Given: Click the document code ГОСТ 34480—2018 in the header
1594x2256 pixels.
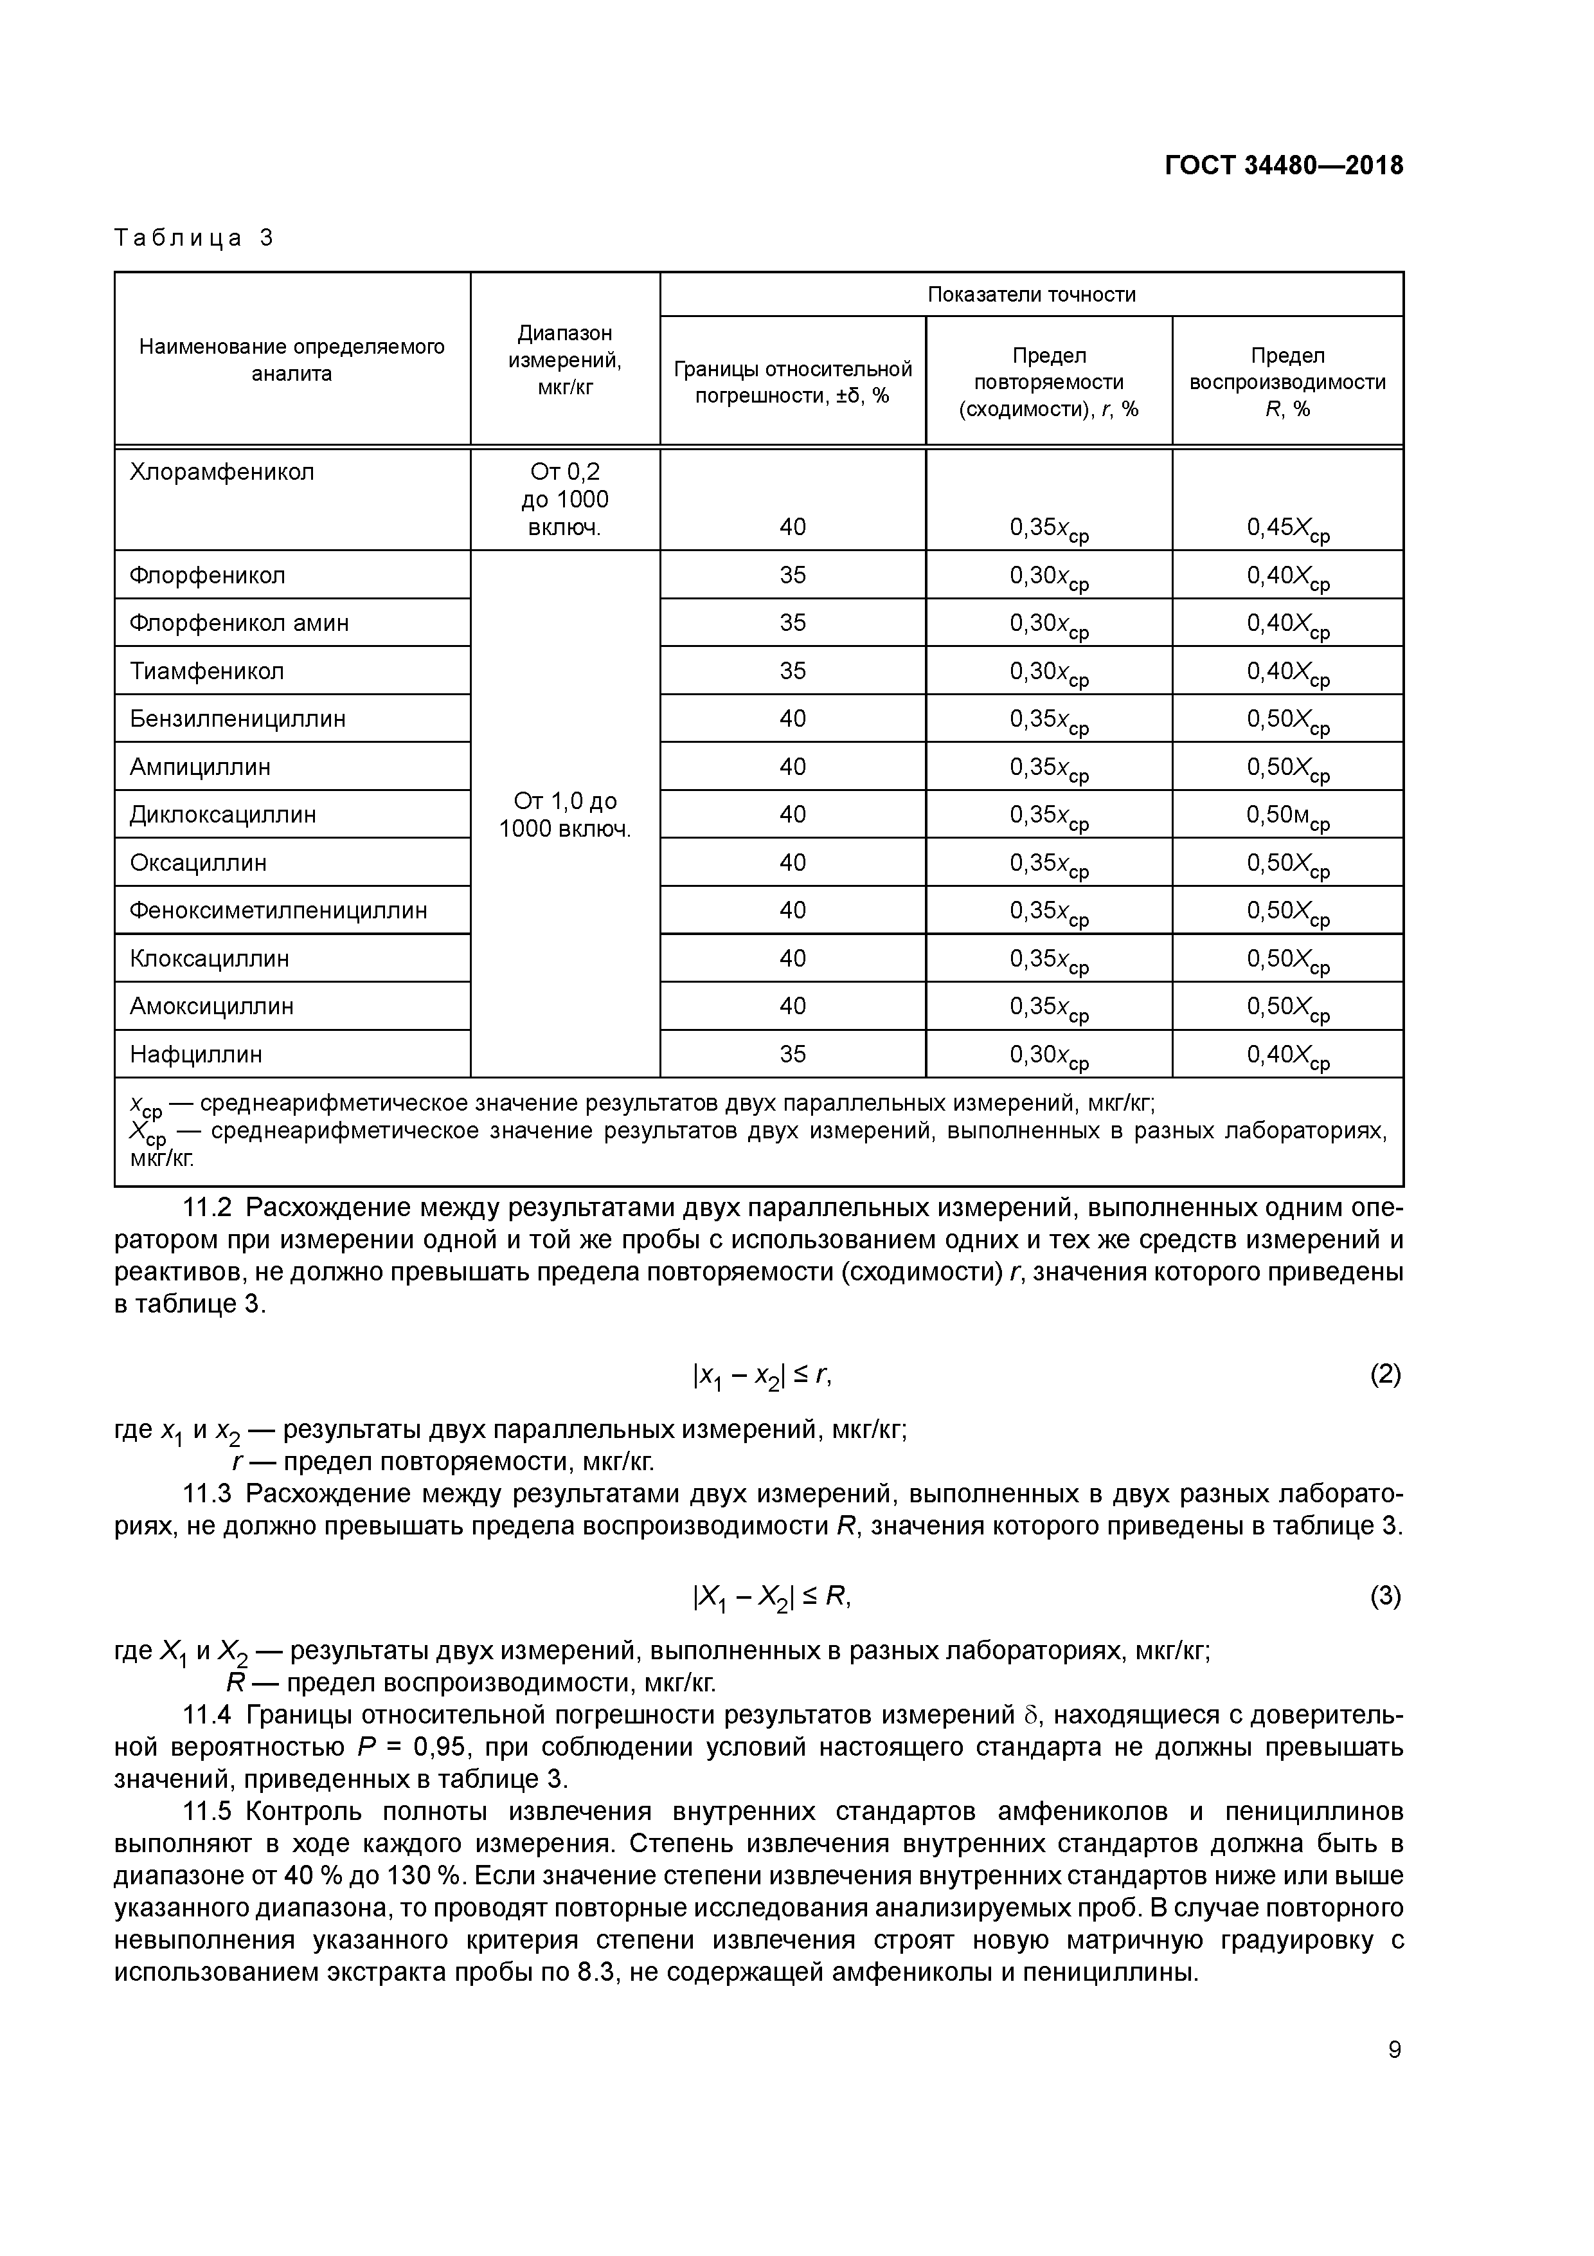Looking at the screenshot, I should (x=1284, y=165).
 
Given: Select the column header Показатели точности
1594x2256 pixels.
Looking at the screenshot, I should (x=1031, y=295).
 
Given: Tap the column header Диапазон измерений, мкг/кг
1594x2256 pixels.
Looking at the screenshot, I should (x=565, y=361).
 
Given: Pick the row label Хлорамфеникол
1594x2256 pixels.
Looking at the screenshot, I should (x=222, y=473).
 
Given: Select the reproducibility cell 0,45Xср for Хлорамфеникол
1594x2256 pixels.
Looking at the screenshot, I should (x=1287, y=529).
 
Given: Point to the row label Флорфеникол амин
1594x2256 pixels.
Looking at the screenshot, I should (x=238, y=623).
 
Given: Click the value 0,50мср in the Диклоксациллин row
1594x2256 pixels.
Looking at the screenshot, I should (x=1287, y=815).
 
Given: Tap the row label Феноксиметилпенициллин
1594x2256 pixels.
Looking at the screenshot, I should (x=278, y=911).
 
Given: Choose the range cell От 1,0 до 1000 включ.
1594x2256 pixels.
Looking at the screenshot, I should (x=565, y=815).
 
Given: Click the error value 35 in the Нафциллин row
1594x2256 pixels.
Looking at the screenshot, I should (x=793, y=1054).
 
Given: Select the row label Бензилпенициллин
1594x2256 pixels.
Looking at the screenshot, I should (x=238, y=719).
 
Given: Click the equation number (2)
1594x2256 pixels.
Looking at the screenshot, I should (x=1385, y=1374).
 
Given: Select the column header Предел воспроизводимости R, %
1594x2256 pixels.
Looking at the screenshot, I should (x=1287, y=382).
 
